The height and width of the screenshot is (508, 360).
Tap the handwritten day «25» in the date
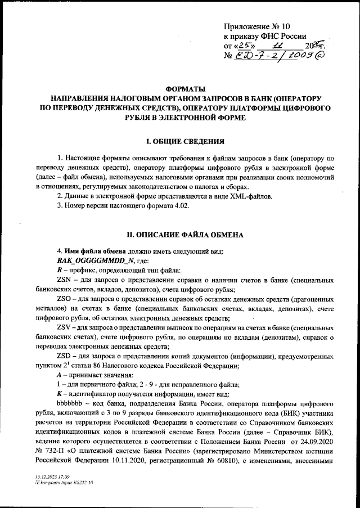[244, 46]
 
